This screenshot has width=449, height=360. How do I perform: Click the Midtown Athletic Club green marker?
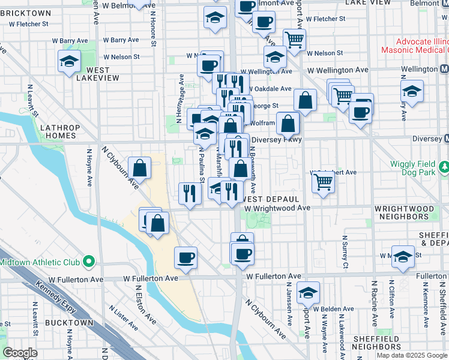(x=89, y=262)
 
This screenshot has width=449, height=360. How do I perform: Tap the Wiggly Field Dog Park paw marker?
(x=444, y=166)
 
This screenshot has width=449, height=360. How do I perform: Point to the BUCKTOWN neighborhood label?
(x=70, y=322)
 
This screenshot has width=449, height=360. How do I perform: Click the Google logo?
(x=20, y=353)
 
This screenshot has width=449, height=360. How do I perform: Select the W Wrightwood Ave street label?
(x=277, y=208)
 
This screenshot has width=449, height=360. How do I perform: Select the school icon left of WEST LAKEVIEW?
(x=69, y=61)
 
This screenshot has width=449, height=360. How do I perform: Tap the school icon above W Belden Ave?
(x=308, y=292)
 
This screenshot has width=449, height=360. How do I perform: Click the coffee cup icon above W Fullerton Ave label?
(x=185, y=257)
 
